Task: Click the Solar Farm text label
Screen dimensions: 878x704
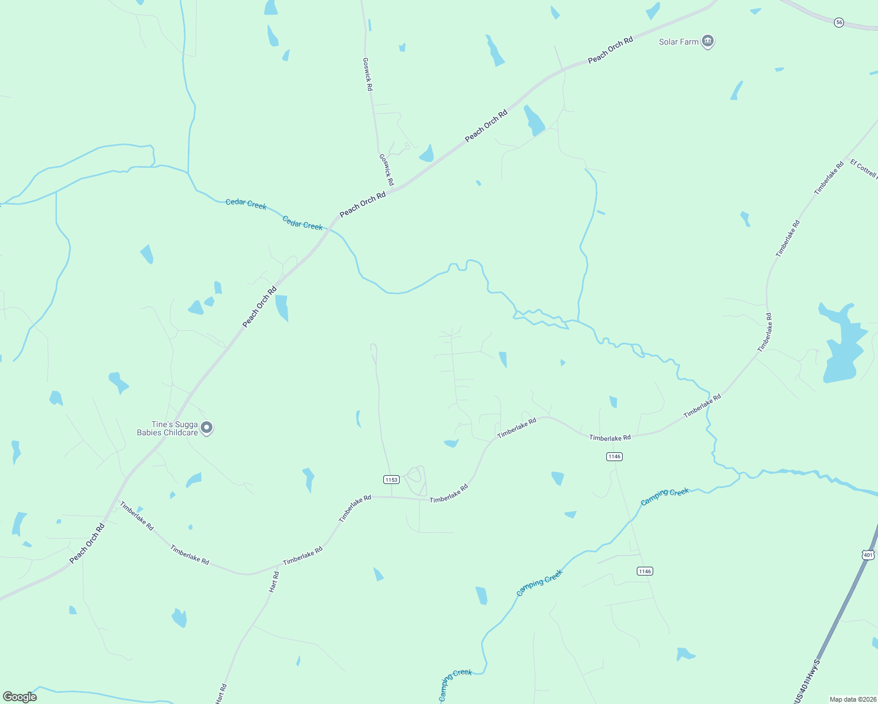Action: (x=678, y=42)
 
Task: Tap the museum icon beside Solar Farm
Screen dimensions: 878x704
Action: (x=708, y=42)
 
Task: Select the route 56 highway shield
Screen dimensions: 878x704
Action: (x=839, y=22)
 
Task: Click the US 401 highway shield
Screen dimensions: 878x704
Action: (x=869, y=554)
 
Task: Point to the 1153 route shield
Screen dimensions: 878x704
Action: (x=391, y=480)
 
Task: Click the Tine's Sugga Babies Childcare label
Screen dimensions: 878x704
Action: (x=167, y=429)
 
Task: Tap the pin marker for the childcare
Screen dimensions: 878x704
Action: (x=206, y=428)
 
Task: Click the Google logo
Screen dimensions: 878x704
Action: (x=20, y=697)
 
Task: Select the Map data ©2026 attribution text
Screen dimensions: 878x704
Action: (x=853, y=699)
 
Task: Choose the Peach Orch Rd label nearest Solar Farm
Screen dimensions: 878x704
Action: (x=610, y=50)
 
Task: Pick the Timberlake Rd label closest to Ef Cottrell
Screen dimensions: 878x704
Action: (x=829, y=178)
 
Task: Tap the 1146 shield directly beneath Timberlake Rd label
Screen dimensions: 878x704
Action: (x=614, y=456)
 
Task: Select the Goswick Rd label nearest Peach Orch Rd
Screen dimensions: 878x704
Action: (x=386, y=170)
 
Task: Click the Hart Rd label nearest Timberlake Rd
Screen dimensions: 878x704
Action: (x=274, y=581)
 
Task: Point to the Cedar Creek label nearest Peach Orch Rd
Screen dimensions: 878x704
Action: (x=303, y=223)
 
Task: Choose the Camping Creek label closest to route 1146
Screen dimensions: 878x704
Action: (x=664, y=496)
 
